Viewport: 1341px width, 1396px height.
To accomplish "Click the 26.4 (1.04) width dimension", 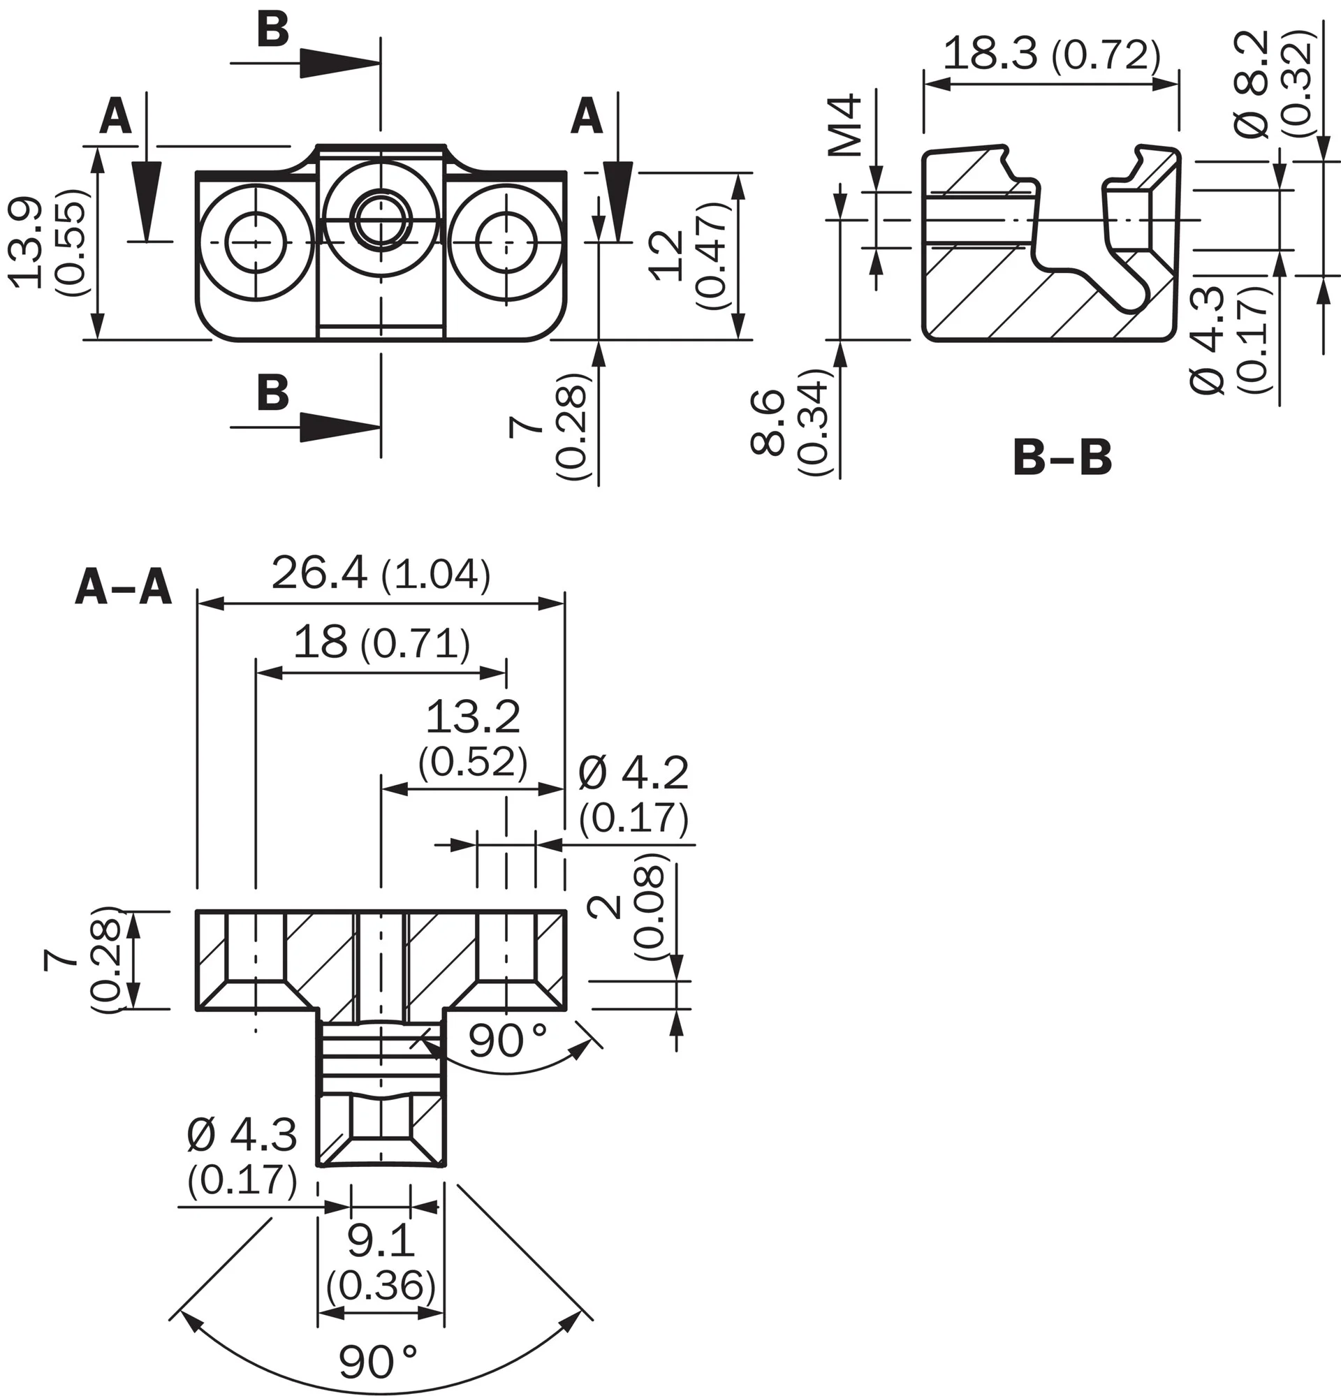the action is [x=381, y=575].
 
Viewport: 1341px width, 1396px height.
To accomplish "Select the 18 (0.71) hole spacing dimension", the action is [x=382, y=642].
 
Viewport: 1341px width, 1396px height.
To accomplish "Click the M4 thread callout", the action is [x=847, y=126].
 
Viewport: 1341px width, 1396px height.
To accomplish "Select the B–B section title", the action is [x=1062, y=458].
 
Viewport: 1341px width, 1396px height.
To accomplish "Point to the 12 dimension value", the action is [x=668, y=256].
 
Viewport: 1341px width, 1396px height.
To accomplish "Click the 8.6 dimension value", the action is [x=768, y=423].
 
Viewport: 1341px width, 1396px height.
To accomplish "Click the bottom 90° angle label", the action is [x=377, y=1362].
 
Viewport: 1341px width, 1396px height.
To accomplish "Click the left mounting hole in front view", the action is [x=256, y=242].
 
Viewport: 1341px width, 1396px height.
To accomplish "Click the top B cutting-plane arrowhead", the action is [x=339, y=64].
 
